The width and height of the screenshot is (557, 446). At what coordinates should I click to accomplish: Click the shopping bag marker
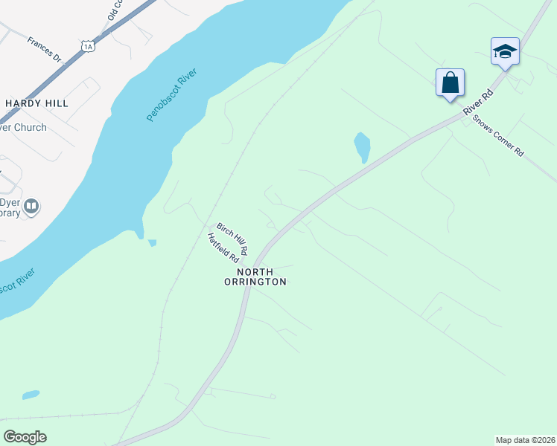point(451,82)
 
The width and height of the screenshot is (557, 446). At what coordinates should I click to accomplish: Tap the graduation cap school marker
point(505,51)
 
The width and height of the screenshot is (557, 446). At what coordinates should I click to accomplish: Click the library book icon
point(31,205)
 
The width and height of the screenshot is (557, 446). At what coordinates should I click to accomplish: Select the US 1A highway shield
point(89,47)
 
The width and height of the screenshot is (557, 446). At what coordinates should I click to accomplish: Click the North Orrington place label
point(255,277)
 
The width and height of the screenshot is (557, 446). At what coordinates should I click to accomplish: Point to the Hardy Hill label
point(36,103)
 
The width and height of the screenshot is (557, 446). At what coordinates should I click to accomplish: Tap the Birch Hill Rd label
point(232,236)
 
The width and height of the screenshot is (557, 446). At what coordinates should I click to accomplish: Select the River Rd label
point(478,102)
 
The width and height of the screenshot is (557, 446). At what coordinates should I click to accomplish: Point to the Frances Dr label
point(44,49)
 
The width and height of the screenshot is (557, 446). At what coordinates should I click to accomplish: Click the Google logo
point(25,437)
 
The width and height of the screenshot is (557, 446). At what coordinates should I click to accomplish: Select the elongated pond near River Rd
point(362,146)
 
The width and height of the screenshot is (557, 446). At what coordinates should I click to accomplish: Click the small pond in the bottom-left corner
point(31,395)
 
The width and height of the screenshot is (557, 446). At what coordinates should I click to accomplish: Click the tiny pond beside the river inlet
point(152,242)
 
